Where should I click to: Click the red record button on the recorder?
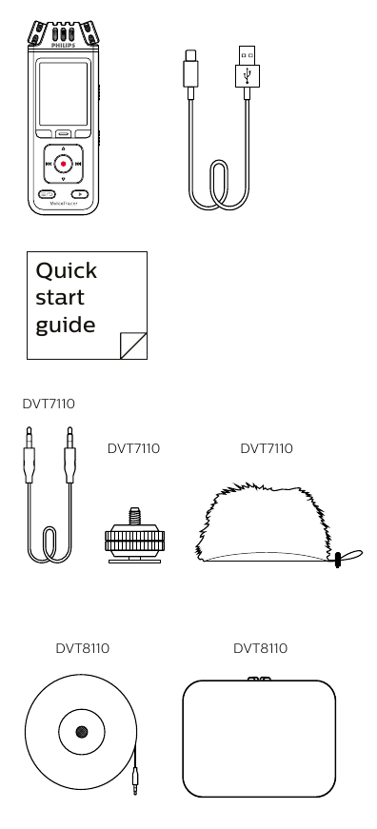click(x=63, y=164)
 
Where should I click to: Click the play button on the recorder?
click(x=81, y=194)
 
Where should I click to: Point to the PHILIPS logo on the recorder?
click(x=63, y=43)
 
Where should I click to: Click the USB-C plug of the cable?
click(x=190, y=70)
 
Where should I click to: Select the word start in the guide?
click(x=60, y=297)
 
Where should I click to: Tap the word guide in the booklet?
click(x=65, y=326)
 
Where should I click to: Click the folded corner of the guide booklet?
click(x=134, y=345)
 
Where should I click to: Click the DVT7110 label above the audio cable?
click(x=49, y=405)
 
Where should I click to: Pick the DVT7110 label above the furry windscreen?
click(x=267, y=448)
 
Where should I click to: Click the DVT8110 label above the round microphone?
click(x=82, y=648)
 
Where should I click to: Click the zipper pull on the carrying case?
click(x=258, y=680)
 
